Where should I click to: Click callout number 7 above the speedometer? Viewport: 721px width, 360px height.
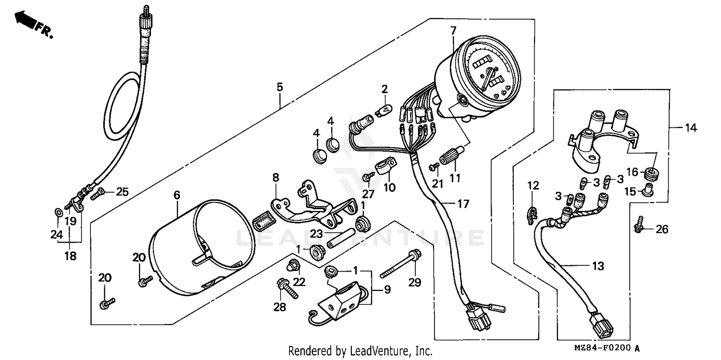click(452, 30)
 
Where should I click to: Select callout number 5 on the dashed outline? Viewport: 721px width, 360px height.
click(280, 87)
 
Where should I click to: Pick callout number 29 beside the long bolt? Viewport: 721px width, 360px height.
click(414, 283)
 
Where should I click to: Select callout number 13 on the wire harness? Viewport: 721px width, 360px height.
click(598, 266)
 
